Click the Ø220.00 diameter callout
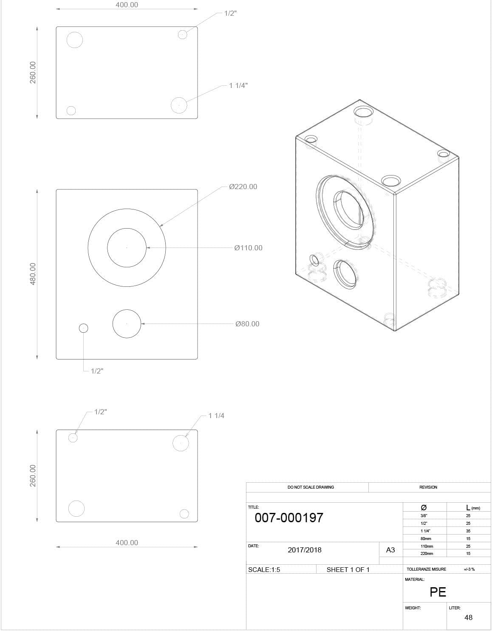click(x=243, y=187)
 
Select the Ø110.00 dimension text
click(x=248, y=248)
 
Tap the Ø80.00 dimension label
click(x=247, y=324)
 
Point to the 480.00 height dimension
click(x=33, y=274)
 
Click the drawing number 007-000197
click(x=289, y=518)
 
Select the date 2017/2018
click(x=305, y=550)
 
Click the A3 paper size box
click(x=390, y=550)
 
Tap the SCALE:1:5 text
click(x=264, y=570)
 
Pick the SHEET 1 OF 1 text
click(x=348, y=570)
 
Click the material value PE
click(x=438, y=592)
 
